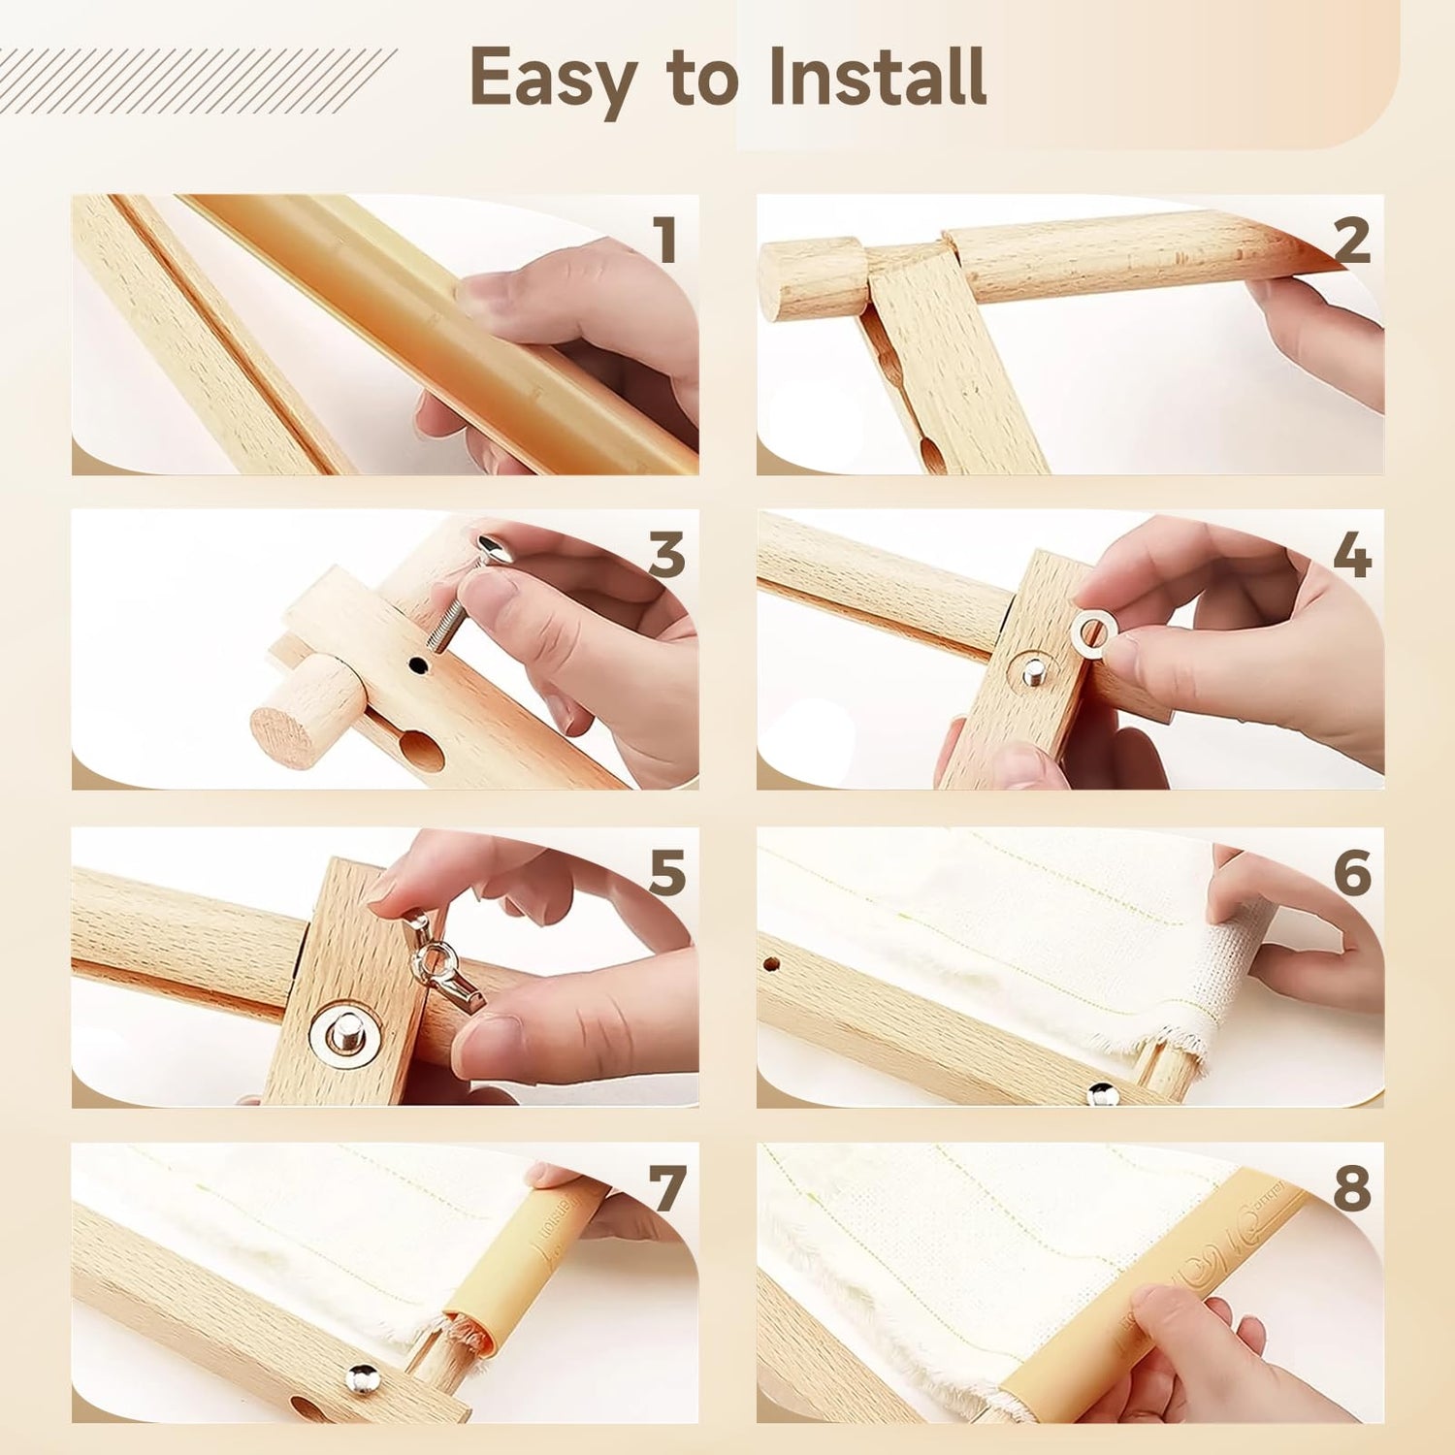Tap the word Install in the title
[878, 76]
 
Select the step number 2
[1351, 240]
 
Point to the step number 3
[667, 556]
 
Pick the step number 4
[1352, 556]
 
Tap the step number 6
[1352, 872]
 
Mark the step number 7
[667, 1188]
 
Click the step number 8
[1352, 1188]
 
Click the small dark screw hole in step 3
[417, 665]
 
